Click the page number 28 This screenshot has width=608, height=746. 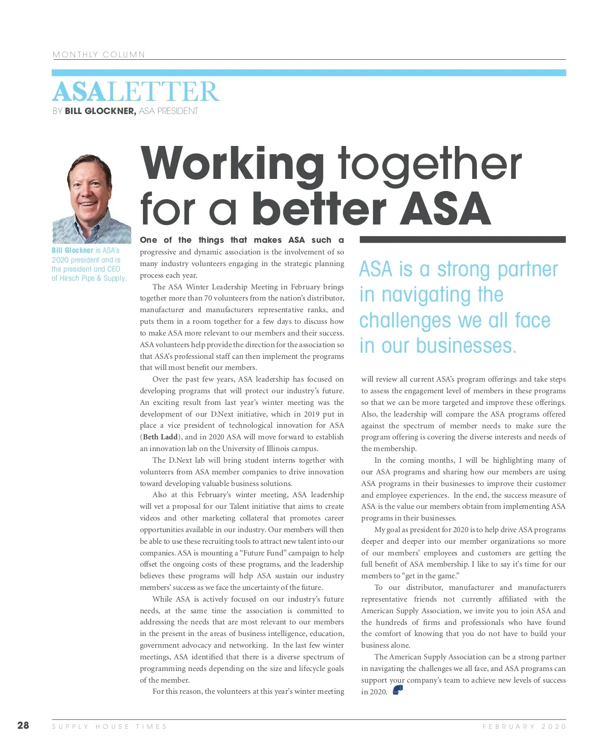click(x=23, y=725)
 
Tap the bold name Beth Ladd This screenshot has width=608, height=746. click(x=160, y=437)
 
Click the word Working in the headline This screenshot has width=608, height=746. click(x=233, y=163)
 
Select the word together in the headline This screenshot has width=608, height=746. click(x=430, y=163)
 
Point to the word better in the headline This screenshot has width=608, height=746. click(x=319, y=209)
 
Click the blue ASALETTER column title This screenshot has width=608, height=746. click(x=136, y=92)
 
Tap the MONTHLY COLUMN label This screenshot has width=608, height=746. click(x=99, y=54)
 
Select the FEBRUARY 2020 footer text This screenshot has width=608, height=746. click(x=524, y=726)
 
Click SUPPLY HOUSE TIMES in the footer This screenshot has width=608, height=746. click(x=109, y=726)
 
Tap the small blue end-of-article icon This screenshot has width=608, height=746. click(x=398, y=690)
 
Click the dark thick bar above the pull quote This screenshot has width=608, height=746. click(x=462, y=239)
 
